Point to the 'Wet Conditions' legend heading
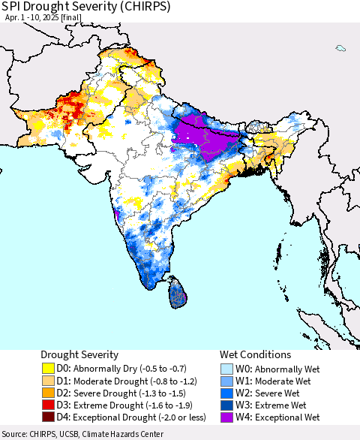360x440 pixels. [x=255, y=354]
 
